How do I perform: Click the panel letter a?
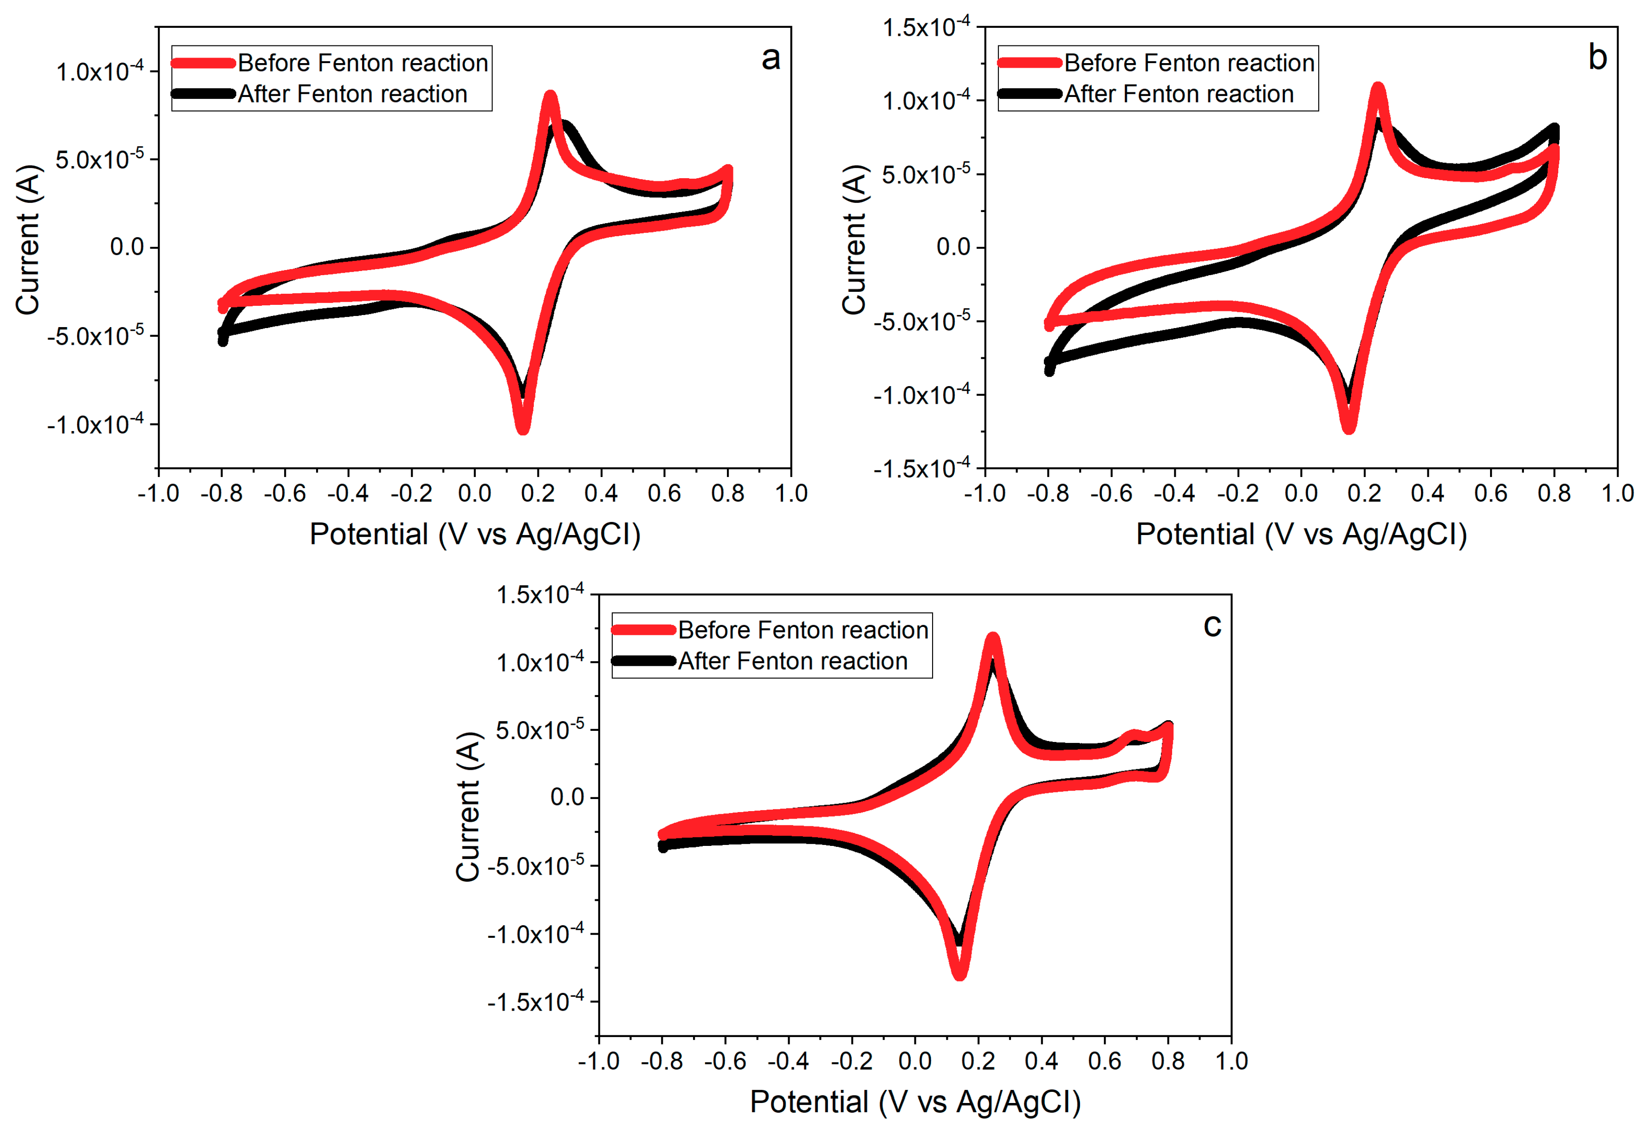[771, 58]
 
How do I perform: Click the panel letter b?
[1597, 58]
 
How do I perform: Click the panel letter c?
[1212, 626]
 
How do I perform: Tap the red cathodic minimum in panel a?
[523, 429]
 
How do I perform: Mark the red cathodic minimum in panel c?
[959, 974]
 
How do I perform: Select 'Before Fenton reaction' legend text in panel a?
[363, 63]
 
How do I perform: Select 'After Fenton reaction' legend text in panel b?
[1178, 94]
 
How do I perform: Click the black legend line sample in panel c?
[643, 661]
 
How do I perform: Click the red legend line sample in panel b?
[1029, 63]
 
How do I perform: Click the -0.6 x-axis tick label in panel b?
[1110, 492]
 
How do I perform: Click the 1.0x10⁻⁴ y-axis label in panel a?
[100, 71]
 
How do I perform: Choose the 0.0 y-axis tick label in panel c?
[567, 797]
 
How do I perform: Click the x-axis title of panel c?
[915, 1102]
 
